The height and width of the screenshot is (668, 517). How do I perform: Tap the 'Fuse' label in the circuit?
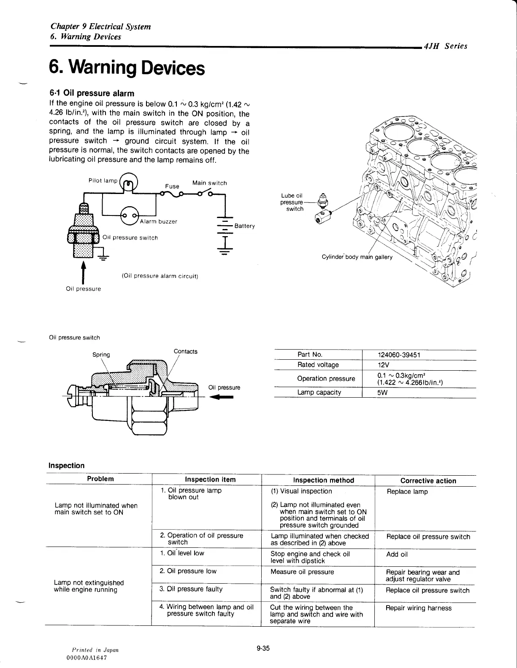[x=172, y=186]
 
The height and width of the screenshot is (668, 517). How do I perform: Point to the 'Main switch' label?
[x=209, y=183]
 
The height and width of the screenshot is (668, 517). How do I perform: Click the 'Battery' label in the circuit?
[x=245, y=226]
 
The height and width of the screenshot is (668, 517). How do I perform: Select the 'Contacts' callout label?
[x=185, y=351]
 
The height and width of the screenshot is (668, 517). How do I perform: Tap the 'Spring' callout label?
[x=101, y=355]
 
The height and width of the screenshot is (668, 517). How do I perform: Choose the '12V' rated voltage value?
[x=384, y=365]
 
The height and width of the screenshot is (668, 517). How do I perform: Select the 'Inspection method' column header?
[x=323, y=480]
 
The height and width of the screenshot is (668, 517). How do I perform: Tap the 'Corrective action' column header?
[x=428, y=480]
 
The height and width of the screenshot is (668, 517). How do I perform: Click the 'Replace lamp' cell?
[x=407, y=492]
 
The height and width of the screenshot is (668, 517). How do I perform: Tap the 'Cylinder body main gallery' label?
[x=357, y=257]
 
